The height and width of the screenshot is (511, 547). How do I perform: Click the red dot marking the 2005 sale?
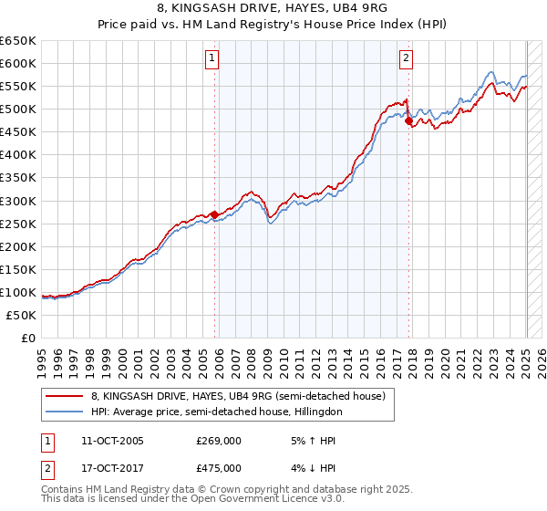point(215,215)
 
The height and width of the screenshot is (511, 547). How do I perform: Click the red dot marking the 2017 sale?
point(408,120)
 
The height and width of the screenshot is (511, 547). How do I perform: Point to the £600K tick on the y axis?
point(18,63)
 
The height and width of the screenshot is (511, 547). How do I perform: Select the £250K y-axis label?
point(18,224)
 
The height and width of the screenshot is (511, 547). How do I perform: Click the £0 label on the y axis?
point(27,338)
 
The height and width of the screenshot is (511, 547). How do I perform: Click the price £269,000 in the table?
point(218,440)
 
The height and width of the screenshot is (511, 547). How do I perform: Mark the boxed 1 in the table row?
point(46,440)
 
